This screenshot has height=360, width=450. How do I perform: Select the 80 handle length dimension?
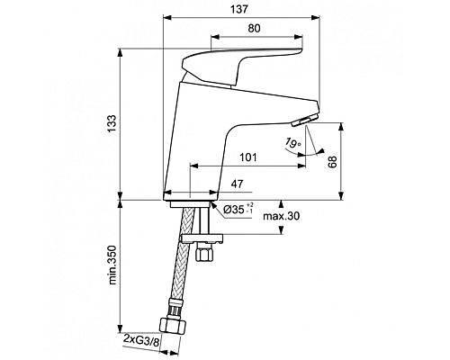pyautogui.click(x=256, y=30)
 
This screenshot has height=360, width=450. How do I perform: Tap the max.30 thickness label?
pyautogui.click(x=283, y=217)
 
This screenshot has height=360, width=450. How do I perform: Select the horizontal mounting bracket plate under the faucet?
pyautogui.click(x=202, y=238)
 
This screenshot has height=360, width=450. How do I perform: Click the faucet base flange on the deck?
pyautogui.click(x=192, y=195)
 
